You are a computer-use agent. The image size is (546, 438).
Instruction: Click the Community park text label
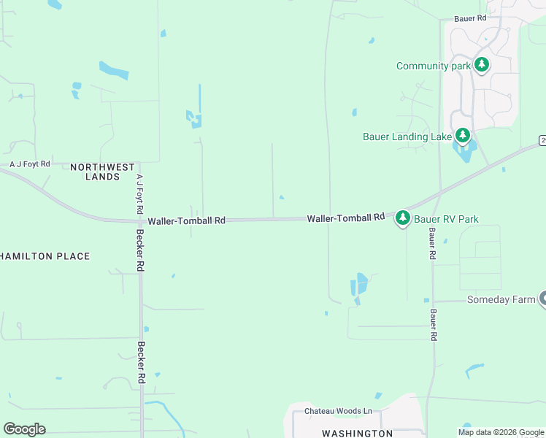tap(432, 66)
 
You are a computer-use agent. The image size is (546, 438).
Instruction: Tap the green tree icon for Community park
tap(481, 65)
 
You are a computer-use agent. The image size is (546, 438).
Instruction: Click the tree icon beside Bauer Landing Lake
tap(462, 135)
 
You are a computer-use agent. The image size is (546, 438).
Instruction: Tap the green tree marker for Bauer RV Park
tap(402, 218)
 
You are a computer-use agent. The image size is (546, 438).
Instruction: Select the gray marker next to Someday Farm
tap(542, 298)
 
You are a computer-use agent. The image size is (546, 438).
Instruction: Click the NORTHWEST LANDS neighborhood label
tap(94, 172)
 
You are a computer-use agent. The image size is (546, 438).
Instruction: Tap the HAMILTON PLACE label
tap(45, 256)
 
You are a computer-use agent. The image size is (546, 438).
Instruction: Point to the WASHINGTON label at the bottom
tap(358, 433)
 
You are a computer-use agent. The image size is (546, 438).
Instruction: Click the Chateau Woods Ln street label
tap(338, 412)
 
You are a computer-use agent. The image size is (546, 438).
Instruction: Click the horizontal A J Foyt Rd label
tap(29, 165)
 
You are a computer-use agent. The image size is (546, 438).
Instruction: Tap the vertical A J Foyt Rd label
tap(139, 193)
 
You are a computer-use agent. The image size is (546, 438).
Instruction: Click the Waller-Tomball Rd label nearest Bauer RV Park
tap(345, 218)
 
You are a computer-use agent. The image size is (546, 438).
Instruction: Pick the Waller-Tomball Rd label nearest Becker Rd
tap(186, 220)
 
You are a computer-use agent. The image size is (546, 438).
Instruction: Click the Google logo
tap(24, 429)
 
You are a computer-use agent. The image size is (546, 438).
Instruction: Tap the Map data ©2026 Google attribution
tap(501, 432)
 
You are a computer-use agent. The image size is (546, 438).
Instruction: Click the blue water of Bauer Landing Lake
tap(464, 153)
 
